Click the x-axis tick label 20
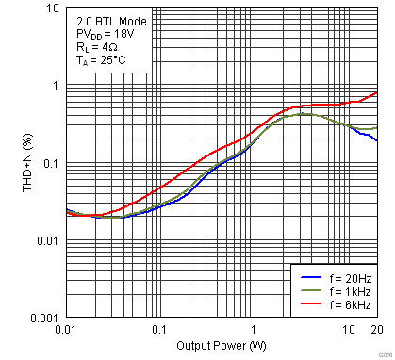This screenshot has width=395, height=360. pyautogui.click(x=376, y=331)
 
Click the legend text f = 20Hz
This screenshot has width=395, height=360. pyautogui.click(x=345, y=279)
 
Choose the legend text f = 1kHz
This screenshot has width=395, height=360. pyautogui.click(x=345, y=292)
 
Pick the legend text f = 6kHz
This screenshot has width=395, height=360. pyautogui.click(x=345, y=305)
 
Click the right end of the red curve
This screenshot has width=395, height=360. pyautogui.click(x=377, y=92)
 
